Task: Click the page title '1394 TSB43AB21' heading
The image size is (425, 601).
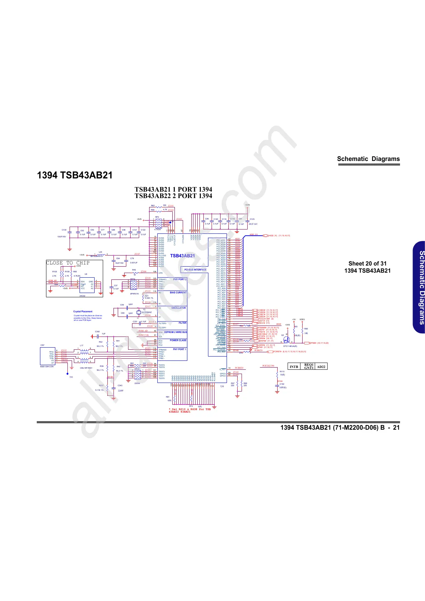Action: (x=75, y=175)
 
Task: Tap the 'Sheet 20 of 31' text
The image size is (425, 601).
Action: (x=367, y=263)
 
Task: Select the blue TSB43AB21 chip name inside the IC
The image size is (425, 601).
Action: (x=182, y=256)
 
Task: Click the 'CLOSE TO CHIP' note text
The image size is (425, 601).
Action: (x=68, y=263)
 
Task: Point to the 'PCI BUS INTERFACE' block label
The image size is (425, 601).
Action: (x=195, y=269)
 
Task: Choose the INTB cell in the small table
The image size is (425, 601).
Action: (x=294, y=367)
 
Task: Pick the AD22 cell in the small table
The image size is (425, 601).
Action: (x=321, y=367)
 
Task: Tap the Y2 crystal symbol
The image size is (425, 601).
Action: (x=138, y=312)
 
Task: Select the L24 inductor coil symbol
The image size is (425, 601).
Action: (x=100, y=255)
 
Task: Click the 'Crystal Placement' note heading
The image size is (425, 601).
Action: (x=83, y=312)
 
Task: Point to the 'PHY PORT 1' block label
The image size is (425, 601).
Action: (x=179, y=349)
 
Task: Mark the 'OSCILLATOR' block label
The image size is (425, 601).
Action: (x=178, y=308)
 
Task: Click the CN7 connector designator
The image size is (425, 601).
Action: (x=42, y=345)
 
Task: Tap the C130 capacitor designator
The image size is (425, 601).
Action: (x=64, y=230)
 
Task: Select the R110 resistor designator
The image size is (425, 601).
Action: (x=282, y=372)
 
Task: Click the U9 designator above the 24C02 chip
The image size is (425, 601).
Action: (x=86, y=274)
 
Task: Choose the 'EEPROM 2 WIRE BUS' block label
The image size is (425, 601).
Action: (x=176, y=332)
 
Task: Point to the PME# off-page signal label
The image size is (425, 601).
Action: (x=314, y=343)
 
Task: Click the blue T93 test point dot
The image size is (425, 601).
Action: (x=67, y=373)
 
